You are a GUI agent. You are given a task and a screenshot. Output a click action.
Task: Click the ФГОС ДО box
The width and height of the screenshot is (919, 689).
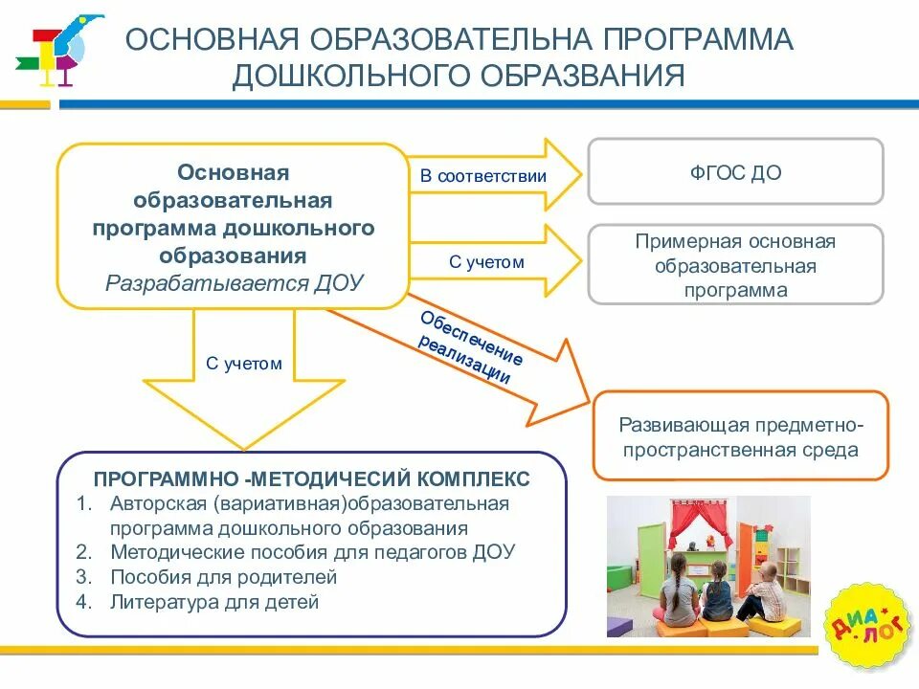coord(735,172)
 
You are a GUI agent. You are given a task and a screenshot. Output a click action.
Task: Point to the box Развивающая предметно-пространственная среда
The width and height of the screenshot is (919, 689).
coord(741,435)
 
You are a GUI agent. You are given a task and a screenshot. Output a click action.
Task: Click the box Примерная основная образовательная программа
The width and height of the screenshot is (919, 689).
coord(735,265)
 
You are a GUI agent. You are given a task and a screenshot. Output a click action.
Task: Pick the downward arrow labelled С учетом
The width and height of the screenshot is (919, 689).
coord(244,373)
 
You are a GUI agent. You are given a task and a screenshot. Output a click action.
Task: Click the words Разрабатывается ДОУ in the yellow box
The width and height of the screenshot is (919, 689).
coord(235,283)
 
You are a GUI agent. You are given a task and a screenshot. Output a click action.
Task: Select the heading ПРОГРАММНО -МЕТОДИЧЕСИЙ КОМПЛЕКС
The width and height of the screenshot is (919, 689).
coord(311,477)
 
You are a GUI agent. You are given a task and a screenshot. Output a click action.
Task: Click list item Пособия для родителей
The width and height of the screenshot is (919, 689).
coord(224,577)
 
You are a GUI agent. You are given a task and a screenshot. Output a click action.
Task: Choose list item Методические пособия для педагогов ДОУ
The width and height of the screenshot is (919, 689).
coord(313,552)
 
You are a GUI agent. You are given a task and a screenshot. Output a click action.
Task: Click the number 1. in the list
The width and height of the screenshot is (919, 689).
coord(84,503)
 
